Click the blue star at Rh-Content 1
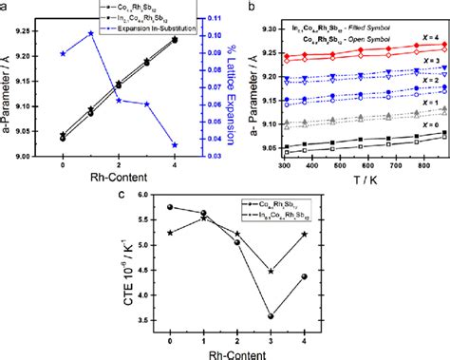tap(90, 33)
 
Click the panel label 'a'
tap(6, 6)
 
